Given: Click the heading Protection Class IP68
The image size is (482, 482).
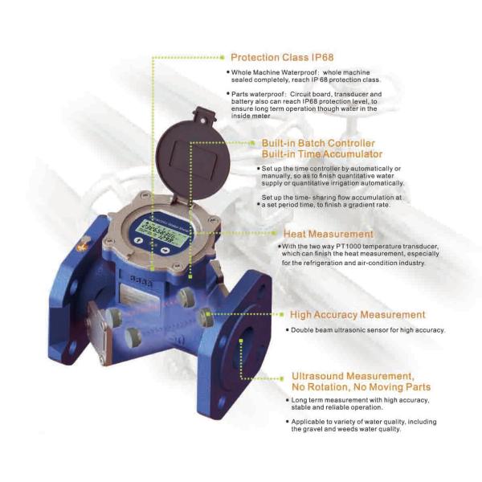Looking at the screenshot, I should pyautogui.click(x=281, y=58).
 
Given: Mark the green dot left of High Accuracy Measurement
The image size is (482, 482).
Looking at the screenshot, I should pyautogui.click(x=281, y=315).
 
